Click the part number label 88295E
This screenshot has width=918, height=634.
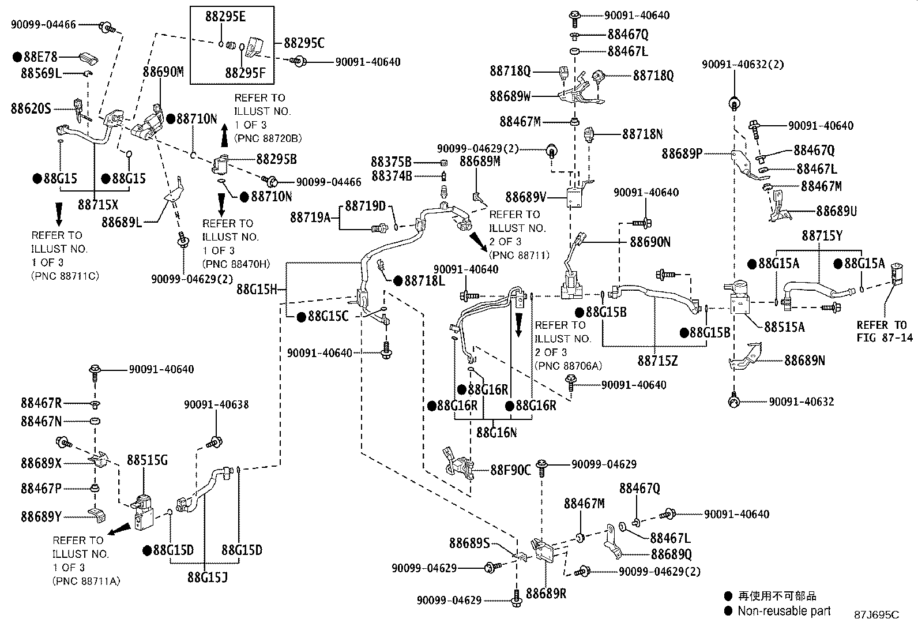pos(225,16)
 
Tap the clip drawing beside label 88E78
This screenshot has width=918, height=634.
pos(89,58)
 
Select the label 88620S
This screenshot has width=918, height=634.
pos(31,108)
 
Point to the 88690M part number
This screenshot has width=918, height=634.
pos(163,72)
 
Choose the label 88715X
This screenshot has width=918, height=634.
pos(98,204)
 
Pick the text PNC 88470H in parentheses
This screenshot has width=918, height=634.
pos(236,264)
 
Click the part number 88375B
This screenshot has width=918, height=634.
pos(391,162)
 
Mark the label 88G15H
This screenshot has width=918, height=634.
pos(257,290)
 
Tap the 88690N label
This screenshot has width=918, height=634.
pos(650,242)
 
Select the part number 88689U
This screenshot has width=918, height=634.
pos(837,211)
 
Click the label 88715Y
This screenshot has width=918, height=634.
pos(822,236)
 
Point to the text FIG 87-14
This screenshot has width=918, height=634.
pos(885,337)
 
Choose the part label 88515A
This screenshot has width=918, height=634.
pos(784,327)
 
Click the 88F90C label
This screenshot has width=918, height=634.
pos(511,470)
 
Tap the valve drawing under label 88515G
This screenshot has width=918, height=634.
pos(143,512)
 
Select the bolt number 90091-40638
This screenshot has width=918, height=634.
pos(216,405)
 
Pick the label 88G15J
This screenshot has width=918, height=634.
pos(208,577)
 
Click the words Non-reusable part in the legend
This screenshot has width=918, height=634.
pos(784,611)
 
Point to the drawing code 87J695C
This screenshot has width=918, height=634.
pos(876,615)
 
